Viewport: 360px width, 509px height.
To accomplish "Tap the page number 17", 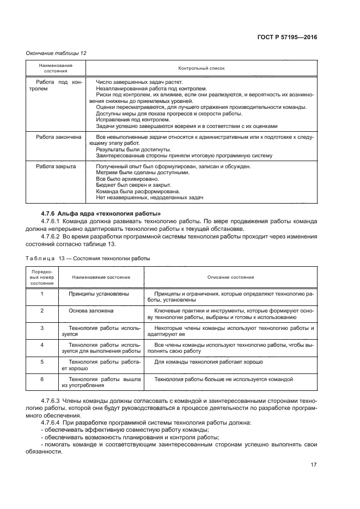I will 314,465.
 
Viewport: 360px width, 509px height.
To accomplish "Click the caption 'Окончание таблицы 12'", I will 57,53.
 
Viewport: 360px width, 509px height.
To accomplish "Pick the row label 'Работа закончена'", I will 58,137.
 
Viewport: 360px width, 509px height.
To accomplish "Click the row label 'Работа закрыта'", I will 56,166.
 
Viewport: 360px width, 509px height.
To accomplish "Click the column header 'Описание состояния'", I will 231,277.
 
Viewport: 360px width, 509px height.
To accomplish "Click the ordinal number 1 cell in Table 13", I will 42,293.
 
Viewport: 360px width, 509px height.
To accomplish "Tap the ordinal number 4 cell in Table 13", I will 42,345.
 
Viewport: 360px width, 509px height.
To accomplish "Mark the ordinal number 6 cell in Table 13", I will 42,378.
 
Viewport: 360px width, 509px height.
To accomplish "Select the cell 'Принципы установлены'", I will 99,294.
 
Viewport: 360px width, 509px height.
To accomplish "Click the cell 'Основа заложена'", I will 91,311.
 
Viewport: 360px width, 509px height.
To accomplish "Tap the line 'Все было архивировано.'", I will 120,179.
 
